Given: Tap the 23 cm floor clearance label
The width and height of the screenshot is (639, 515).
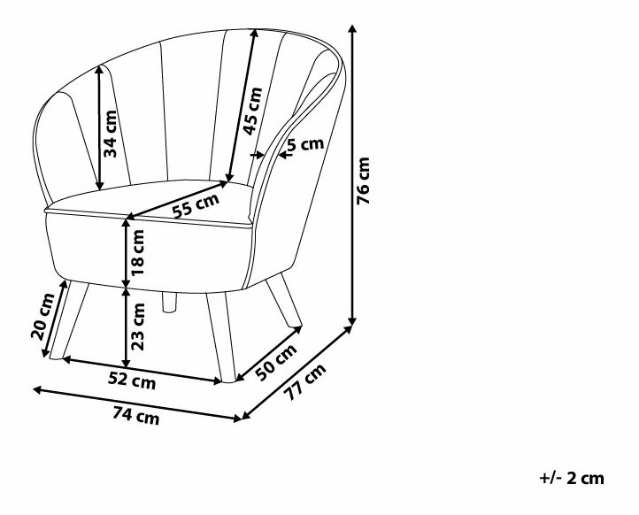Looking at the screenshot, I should [138, 328].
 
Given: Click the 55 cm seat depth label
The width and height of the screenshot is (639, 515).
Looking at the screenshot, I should [195, 206].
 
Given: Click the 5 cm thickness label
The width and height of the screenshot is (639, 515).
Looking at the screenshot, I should [305, 146].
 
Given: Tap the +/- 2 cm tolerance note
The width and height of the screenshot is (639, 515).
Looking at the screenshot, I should [571, 479].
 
